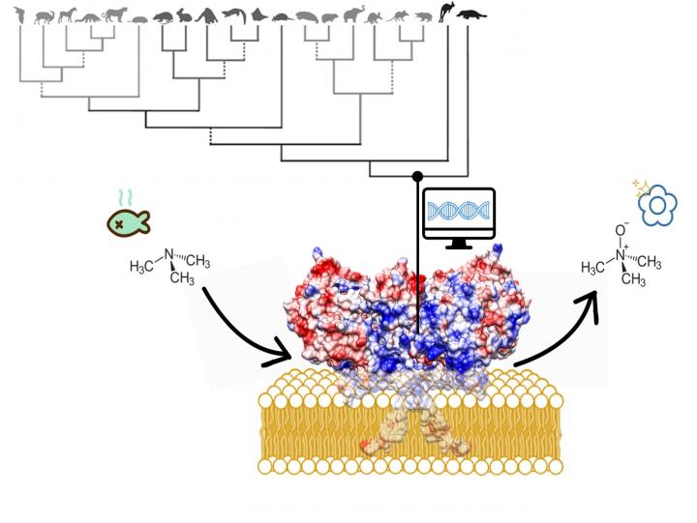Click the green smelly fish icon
pos(129,221)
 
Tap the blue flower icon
pos(661,205)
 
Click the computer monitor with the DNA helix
pos(460,216)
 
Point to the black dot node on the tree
pos(417,176)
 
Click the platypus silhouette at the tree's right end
pos(472,15)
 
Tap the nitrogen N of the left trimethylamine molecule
pos(169,255)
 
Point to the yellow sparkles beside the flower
pos(640,187)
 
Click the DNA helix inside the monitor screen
pos(460,210)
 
